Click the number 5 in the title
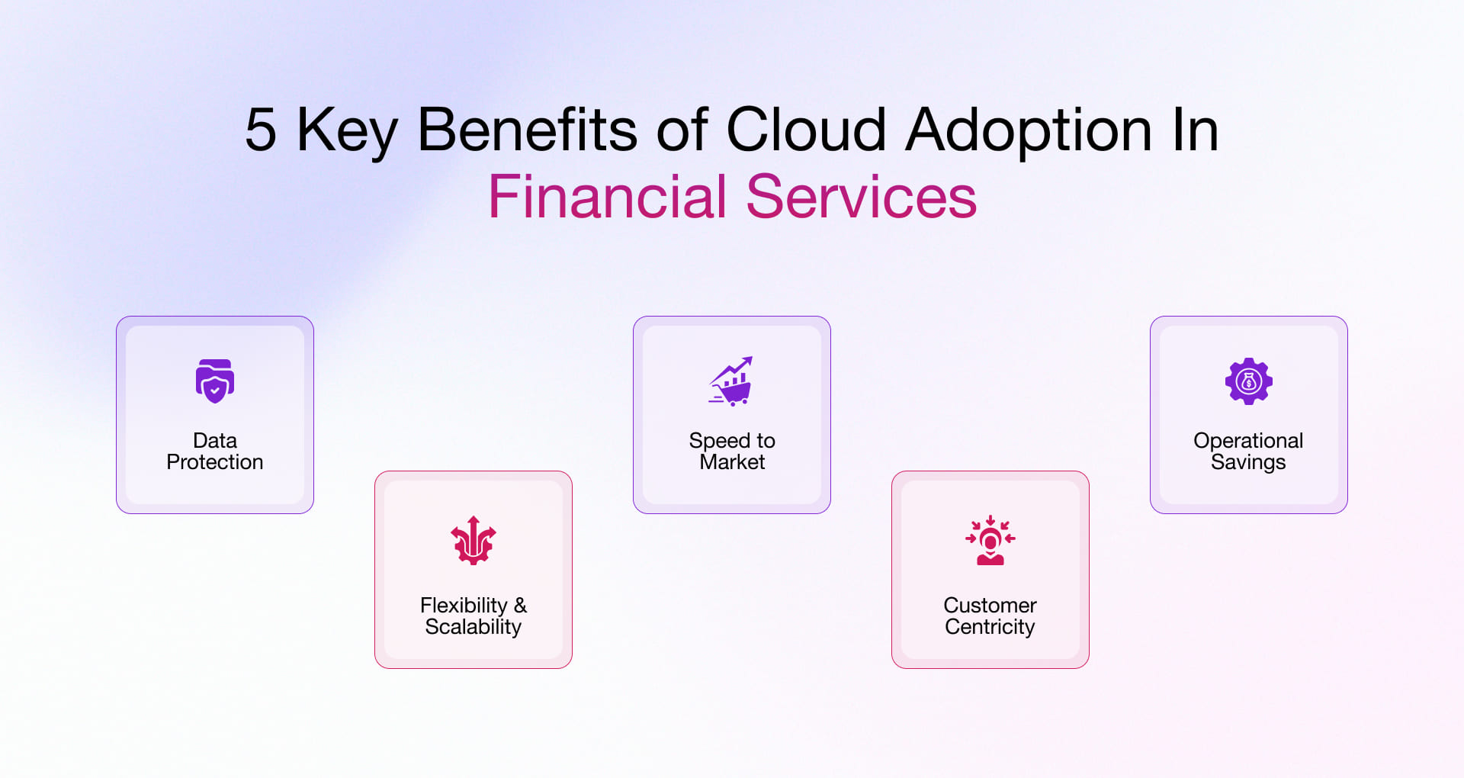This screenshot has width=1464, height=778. [261, 130]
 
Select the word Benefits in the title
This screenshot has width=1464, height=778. [526, 130]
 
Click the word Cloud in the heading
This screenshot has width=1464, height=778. [806, 130]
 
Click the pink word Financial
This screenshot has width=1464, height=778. [607, 197]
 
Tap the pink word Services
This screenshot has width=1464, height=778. [861, 197]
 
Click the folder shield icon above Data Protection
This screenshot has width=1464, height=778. [215, 381]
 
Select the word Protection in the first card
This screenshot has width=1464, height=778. [215, 462]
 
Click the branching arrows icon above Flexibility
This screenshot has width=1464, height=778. [474, 540]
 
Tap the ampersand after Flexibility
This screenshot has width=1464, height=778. [520, 606]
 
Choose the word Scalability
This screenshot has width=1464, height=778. [474, 627]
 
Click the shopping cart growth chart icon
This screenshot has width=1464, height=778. [731, 381]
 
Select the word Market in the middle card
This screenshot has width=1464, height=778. [732, 462]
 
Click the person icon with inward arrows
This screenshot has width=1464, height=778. [990, 540]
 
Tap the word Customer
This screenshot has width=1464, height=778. [990, 606]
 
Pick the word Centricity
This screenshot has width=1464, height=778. [990, 627]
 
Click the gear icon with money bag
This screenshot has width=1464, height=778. [1248, 381]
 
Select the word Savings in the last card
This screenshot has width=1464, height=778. [1248, 462]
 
